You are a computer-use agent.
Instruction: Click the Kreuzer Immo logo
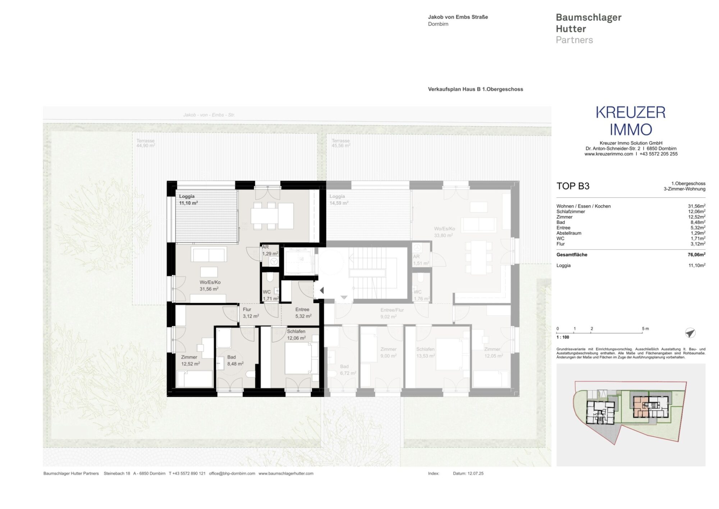point(631,121)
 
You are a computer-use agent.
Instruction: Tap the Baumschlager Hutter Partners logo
point(588,28)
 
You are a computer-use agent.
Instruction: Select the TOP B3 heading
point(573,186)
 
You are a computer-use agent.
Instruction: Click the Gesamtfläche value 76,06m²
point(696,254)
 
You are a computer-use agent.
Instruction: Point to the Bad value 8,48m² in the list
point(697,222)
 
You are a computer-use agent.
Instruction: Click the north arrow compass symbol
point(690,333)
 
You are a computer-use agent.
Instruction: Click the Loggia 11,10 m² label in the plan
point(188,199)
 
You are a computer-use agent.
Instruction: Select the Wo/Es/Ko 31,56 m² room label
point(210,285)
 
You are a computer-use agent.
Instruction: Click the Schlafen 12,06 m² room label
point(296,334)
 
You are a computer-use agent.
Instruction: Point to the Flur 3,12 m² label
point(250,313)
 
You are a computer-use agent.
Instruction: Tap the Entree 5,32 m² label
point(303,313)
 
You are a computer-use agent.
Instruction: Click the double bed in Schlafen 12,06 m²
point(298,358)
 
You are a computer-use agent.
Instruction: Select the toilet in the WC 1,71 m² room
point(270,277)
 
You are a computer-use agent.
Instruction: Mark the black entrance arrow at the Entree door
point(322,290)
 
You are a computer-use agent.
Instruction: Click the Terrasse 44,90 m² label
point(145,143)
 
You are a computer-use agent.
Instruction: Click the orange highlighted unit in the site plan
point(640,406)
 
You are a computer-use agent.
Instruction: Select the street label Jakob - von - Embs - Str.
point(209,115)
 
